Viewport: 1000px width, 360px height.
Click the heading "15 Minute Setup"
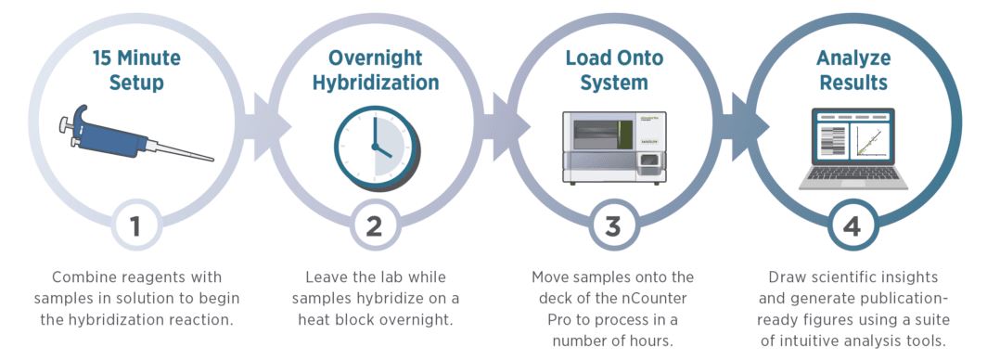click(x=136, y=71)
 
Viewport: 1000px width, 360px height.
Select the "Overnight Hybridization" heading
click(x=376, y=71)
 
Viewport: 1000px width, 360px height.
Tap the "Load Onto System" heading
click(x=615, y=71)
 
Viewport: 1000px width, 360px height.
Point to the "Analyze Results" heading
click(x=853, y=71)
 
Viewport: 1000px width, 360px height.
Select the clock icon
click(x=377, y=148)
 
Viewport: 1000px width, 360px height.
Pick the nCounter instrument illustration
click(x=613, y=148)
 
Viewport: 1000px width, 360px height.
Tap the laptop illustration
click(x=853, y=148)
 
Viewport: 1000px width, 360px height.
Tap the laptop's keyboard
click(x=853, y=174)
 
